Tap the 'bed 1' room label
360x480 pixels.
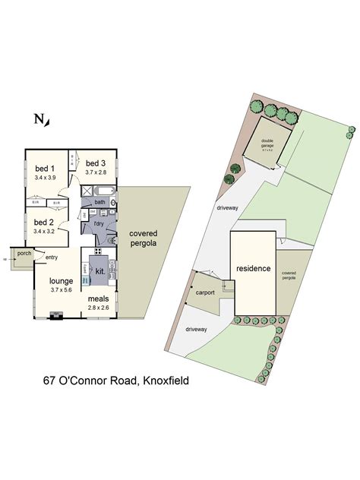[45, 169]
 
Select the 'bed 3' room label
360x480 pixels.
[94, 163]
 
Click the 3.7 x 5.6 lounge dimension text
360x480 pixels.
[62, 290]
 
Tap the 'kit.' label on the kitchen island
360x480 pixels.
[99, 270]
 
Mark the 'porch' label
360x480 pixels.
[24, 254]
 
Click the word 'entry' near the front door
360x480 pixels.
[52, 257]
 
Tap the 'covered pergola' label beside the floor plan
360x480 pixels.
[143, 238]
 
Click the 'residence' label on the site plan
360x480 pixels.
[252, 269]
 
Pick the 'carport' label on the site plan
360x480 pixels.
[206, 292]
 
